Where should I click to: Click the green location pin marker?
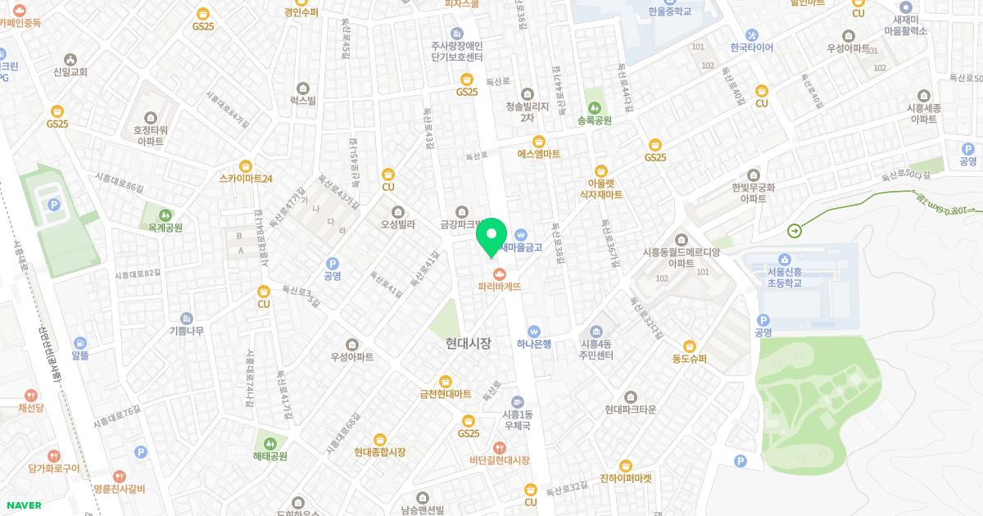[491, 238]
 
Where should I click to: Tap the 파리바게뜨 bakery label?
[500, 287]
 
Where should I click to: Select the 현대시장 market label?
[469, 343]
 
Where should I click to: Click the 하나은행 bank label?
[534, 343]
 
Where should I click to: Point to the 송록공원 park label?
[595, 120]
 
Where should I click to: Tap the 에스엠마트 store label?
[538, 153]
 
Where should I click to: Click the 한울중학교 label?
[669, 11]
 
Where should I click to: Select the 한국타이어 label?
[752, 47]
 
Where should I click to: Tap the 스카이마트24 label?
[246, 178]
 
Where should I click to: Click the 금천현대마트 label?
[446, 394]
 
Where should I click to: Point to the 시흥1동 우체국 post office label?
[517, 420]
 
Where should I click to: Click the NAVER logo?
[24, 505]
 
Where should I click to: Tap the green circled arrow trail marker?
[795, 231]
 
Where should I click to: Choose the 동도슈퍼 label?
[689, 359]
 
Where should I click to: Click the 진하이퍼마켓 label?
[626, 478]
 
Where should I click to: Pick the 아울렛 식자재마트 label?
[601, 189]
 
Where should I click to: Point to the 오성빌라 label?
[398, 223]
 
